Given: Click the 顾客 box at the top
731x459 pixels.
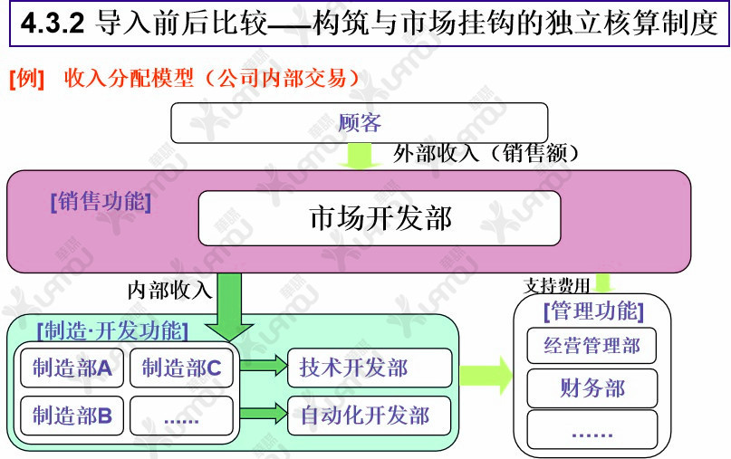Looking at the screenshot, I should pos(360,123).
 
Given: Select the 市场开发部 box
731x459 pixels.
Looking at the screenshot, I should pos(380,218).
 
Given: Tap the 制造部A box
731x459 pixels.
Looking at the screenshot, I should pos(72,368).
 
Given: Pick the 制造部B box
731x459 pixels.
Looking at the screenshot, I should pos(72,416).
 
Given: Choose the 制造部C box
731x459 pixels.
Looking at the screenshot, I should pos(182,368).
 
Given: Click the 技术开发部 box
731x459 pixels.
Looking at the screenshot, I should pos(369,368).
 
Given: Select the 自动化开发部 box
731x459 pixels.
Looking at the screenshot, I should pos(369,416).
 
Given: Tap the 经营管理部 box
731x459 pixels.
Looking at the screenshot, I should pos(592,345).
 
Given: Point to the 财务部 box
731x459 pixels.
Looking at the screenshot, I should pos(592,388).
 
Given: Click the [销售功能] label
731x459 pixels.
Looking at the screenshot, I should pos(101,202).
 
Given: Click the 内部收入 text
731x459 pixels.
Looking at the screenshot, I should pos(169,290).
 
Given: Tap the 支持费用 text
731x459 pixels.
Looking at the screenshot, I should pos(556,286).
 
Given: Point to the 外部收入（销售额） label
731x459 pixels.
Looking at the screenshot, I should pos(486,154).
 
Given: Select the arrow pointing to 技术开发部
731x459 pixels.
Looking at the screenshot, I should pos(264,367).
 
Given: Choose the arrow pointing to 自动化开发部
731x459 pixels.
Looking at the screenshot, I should pos(264,415).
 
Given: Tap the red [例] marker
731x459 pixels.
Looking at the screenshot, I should pos(26,78).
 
